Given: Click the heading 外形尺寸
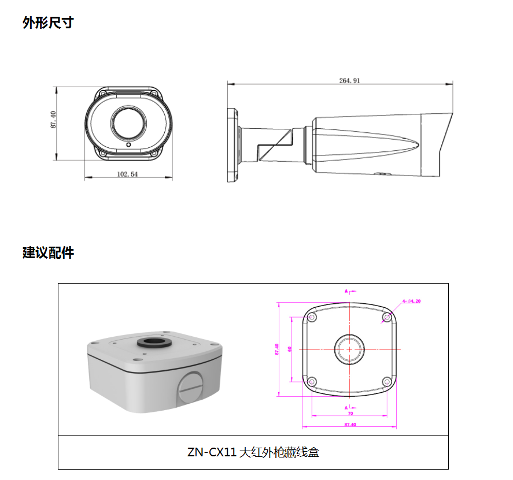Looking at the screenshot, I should [x=48, y=23].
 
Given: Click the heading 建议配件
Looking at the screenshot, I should [x=48, y=252].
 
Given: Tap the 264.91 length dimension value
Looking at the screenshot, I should [x=349, y=81].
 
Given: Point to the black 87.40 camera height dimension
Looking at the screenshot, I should [x=53, y=120].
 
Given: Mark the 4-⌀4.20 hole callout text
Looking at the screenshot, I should [x=411, y=301].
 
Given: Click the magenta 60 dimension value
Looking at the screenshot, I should [x=289, y=349].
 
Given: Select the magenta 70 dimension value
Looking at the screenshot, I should [x=350, y=414].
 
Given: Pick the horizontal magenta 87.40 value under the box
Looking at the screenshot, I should [x=349, y=425].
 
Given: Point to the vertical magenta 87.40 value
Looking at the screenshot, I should [x=277, y=349].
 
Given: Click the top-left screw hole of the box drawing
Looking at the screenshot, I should [x=312, y=318].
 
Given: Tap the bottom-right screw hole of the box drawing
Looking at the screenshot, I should [x=387, y=381].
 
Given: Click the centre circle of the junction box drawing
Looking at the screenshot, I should [x=349, y=349].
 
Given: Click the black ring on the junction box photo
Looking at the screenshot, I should [x=153, y=341].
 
